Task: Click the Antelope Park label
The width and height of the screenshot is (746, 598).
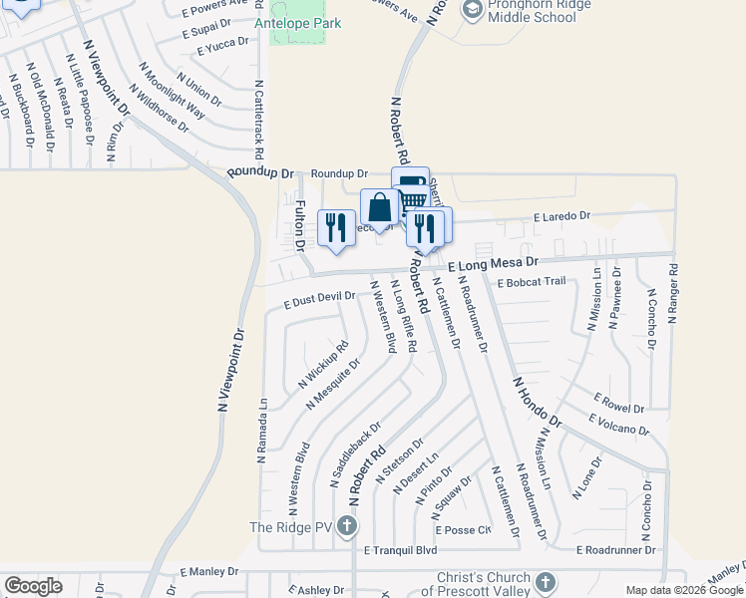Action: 297,23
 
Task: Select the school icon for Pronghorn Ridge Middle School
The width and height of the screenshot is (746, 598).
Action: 472,10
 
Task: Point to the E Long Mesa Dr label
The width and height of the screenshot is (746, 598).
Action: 493,264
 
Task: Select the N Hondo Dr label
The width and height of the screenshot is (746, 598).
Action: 538,402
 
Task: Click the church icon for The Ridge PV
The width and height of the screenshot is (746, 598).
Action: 346,526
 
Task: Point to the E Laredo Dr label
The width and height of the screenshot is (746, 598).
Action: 561,215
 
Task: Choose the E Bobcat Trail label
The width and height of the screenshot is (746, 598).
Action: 531,281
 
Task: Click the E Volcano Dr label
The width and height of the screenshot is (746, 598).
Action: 618,426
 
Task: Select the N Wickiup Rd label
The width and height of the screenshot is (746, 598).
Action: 323,365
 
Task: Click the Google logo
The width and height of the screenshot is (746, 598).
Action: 33,585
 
